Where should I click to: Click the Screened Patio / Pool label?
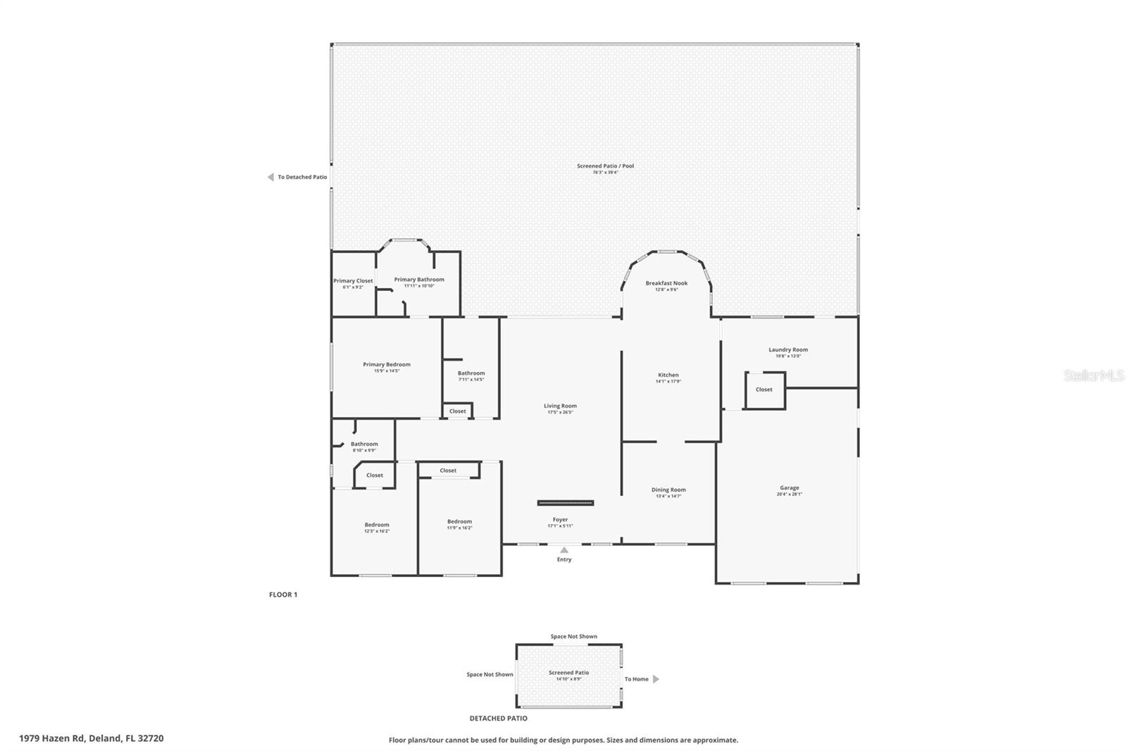(605, 166)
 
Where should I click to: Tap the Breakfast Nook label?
(666, 283)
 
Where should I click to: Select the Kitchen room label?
(668, 375)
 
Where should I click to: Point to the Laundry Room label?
(787, 350)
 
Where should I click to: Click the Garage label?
(789, 488)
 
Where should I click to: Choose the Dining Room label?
(668, 490)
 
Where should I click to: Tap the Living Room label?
(560, 406)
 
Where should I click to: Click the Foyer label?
(560, 520)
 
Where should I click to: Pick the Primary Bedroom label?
(386, 365)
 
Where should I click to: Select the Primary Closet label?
(353, 281)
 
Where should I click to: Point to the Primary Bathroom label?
(418, 280)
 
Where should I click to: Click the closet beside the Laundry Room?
(764, 390)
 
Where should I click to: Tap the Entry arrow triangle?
(563, 550)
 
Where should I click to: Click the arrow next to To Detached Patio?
(270, 178)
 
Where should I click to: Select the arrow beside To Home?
(656, 679)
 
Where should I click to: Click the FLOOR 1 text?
(283, 595)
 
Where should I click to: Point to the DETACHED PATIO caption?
(498, 719)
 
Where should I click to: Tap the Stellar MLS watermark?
(1093, 376)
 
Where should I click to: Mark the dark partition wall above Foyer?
(565, 503)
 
